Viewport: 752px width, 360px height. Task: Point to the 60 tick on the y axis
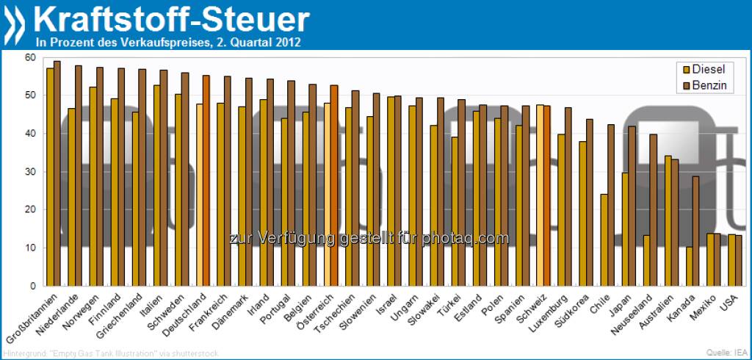pos(29,57)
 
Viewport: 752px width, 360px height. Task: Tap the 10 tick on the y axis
pos(29,248)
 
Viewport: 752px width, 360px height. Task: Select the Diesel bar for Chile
pos(604,240)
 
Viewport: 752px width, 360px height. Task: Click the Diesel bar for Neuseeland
pos(647,260)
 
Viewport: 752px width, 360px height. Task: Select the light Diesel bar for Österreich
pos(327,194)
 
